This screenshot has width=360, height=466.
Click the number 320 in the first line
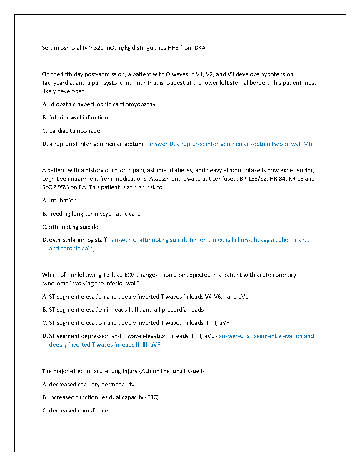point(99,48)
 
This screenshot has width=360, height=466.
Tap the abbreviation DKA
point(200,48)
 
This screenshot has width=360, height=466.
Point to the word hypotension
point(277,74)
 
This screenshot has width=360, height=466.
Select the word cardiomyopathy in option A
point(137,104)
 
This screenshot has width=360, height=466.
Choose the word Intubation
point(63,200)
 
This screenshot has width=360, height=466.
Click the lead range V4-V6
point(213,297)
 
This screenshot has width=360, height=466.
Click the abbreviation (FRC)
point(151,397)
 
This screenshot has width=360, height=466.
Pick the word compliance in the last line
point(93,410)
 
